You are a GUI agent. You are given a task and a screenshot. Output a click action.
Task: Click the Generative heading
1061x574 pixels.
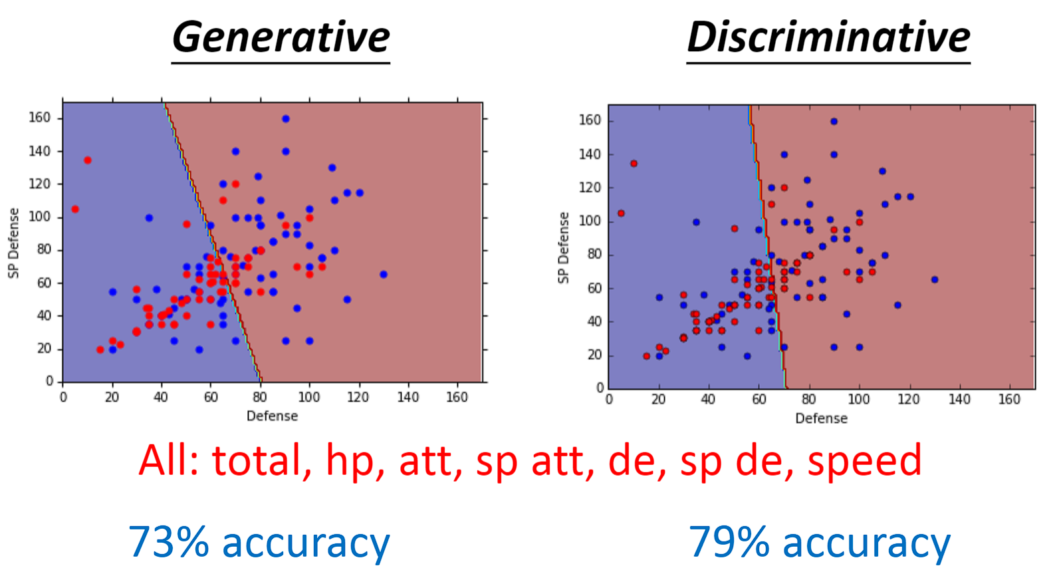pyautogui.click(x=281, y=37)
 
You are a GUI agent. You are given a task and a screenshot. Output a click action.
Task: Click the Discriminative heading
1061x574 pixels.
pyautogui.click(x=828, y=37)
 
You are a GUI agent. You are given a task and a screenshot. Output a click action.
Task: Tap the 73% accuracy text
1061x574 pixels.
pyautogui.click(x=259, y=542)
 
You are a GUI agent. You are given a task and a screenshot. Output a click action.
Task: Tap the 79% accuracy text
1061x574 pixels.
pyautogui.click(x=819, y=542)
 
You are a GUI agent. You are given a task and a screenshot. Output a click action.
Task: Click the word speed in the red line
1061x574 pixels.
pyautogui.click(x=864, y=460)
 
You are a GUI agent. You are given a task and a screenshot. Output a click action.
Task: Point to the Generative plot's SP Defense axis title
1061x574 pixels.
pyautogui.click(x=14, y=243)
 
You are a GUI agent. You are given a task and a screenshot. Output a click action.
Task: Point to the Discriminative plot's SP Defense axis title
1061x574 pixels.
pyautogui.click(x=564, y=247)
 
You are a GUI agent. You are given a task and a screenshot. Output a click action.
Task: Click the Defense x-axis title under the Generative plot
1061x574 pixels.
pyautogui.click(x=272, y=416)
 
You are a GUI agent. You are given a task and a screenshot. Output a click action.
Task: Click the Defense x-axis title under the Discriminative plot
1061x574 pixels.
pyautogui.click(x=821, y=419)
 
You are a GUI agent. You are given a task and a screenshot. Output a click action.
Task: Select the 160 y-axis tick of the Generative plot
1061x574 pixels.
pyautogui.click(x=40, y=118)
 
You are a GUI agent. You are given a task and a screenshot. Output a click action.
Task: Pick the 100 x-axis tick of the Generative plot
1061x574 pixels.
pyautogui.click(x=309, y=398)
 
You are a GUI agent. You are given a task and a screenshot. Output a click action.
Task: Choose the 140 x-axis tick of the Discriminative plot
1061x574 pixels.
pyautogui.click(x=959, y=400)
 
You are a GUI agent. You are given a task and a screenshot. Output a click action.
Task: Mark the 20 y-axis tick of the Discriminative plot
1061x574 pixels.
pyautogui.click(x=594, y=355)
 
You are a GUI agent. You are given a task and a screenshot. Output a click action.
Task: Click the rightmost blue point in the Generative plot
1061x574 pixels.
pyautogui.click(x=383, y=274)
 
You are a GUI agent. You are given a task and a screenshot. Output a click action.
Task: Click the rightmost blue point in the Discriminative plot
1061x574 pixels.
pyautogui.click(x=935, y=280)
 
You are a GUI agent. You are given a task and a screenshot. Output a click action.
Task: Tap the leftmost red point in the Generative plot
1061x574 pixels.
pyautogui.click(x=75, y=209)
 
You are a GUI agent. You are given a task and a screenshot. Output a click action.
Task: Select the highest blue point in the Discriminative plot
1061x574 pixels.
pyautogui.click(x=834, y=122)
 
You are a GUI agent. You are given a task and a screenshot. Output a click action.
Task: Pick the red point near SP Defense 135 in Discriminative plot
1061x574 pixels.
pyautogui.click(x=634, y=164)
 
